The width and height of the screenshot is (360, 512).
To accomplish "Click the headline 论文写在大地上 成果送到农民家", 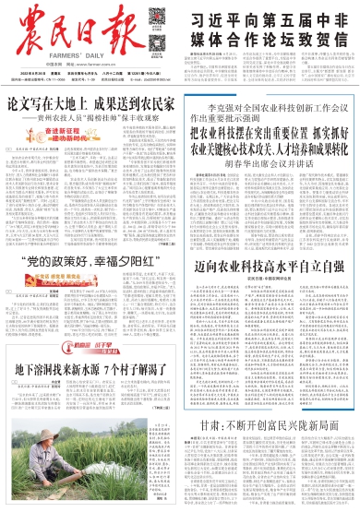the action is click(89, 105).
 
